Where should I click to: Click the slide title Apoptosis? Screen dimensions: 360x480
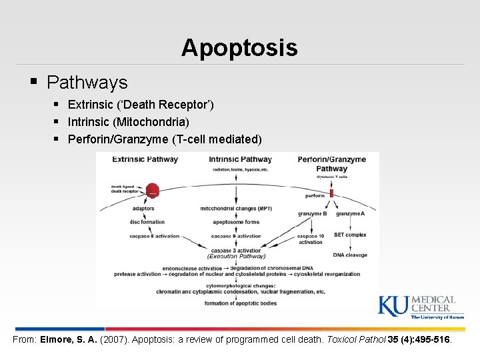click(239, 48)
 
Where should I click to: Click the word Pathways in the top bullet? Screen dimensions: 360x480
click(87, 83)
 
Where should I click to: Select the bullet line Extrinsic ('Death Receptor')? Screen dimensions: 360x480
click(141, 105)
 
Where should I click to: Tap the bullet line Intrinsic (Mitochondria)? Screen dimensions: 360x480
click(128, 122)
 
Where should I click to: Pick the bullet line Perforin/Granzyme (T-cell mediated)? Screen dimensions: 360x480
click(165, 139)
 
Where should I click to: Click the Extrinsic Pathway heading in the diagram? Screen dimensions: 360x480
click(145, 159)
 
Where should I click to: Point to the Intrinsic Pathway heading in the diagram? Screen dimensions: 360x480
click(240, 159)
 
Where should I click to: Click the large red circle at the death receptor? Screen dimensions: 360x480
click(153, 191)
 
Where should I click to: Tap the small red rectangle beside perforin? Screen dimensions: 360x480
click(331, 194)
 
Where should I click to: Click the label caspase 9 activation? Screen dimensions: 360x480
click(236, 236)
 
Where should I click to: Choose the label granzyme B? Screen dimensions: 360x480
click(312, 213)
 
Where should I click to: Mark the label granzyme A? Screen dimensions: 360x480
click(350, 213)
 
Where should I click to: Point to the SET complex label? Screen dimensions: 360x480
click(350, 235)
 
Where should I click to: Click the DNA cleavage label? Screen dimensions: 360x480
click(350, 255)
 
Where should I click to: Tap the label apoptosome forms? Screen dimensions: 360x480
click(236, 222)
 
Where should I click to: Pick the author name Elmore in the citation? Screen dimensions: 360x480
click(59, 339)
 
